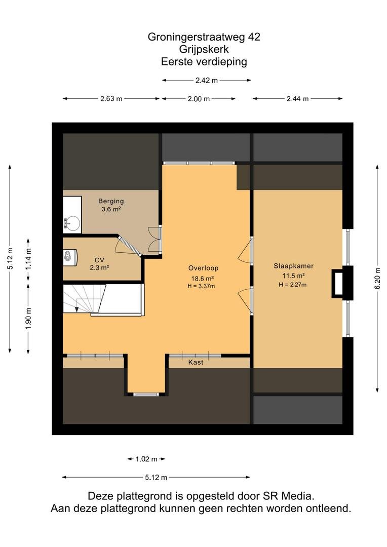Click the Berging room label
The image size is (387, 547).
coord(111,201)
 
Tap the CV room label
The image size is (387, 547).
coord(99,260)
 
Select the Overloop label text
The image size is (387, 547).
coord(204,268)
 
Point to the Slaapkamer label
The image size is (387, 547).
coord(293,266)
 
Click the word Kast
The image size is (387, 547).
coord(196,363)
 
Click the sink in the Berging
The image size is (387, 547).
coord(72,222)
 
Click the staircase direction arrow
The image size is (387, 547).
coord(76,309)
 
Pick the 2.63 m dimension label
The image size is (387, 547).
coord(111,99)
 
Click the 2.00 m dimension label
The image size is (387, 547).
coord(199,99)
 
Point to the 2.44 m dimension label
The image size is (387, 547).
coord(298,99)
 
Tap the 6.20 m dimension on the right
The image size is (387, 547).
coord(378,279)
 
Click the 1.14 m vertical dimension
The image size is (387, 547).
coord(28,258)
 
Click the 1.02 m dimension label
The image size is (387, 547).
coord(146,459)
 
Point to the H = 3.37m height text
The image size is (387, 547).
coord(201,286)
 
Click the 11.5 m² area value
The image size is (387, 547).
coord(293,276)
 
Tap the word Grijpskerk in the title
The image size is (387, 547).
coord(204,49)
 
